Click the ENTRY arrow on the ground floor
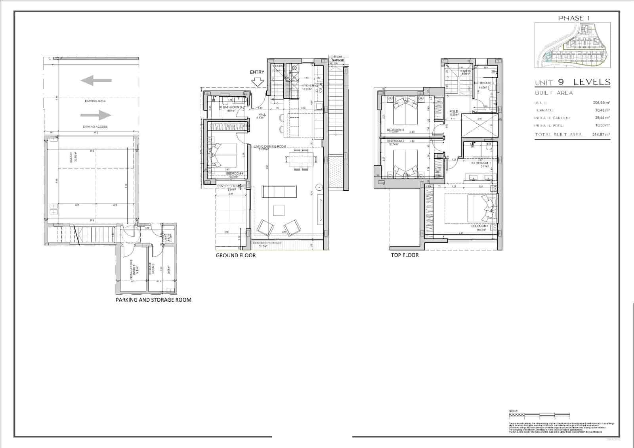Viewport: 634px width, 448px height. pyautogui.click(x=258, y=82)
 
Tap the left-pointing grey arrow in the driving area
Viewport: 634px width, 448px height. pyautogui.click(x=95, y=80)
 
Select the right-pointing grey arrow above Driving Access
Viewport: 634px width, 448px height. pyautogui.click(x=96, y=115)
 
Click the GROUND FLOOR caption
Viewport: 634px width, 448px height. pyautogui.click(x=235, y=256)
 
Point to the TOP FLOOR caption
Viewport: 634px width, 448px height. pyautogui.click(x=405, y=255)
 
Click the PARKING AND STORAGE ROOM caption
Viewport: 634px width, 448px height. pyautogui.click(x=153, y=300)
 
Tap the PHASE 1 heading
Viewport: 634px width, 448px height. pyautogui.click(x=571, y=18)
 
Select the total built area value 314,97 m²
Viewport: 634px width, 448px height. pyautogui.click(x=601, y=135)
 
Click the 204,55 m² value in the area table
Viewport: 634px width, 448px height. pyautogui.click(x=601, y=103)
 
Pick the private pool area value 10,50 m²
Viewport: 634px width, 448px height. pyautogui.click(x=602, y=126)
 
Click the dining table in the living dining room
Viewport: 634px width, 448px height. pyautogui.click(x=301, y=159)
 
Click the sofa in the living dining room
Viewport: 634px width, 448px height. pyautogui.click(x=280, y=192)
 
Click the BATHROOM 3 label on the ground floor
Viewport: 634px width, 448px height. pyautogui.click(x=232, y=107)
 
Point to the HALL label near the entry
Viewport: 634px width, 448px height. pyautogui.click(x=262, y=115)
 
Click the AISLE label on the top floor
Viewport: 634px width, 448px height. pyautogui.click(x=453, y=112)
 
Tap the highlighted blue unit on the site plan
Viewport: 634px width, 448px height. pyautogui.click(x=547, y=57)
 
